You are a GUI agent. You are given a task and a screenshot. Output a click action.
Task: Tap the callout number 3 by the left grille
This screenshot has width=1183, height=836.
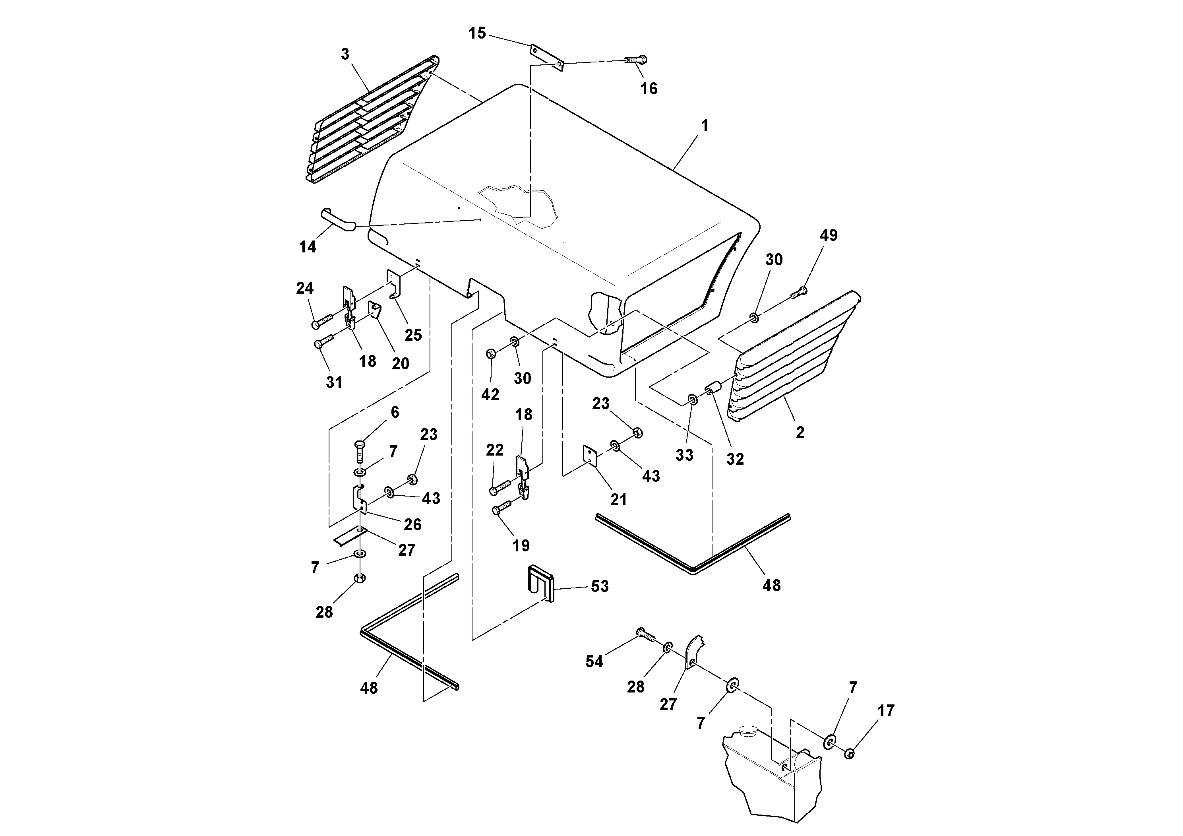pos(345,54)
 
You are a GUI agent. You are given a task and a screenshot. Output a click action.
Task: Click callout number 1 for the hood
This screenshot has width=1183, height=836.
pos(704,125)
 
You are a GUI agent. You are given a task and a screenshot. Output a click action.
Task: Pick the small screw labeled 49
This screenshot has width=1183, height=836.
pos(798,292)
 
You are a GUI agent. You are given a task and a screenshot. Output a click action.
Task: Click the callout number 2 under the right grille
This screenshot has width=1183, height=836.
pos(800,433)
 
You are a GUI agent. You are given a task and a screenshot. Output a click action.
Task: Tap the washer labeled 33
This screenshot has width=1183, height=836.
pos(693,400)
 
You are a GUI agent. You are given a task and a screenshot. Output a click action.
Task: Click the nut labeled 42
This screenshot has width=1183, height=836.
pos(491,354)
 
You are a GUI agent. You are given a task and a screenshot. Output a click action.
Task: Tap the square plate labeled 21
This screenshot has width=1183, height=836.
pos(589,456)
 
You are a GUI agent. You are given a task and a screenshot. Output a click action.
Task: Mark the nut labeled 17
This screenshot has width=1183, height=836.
pos(850,754)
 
